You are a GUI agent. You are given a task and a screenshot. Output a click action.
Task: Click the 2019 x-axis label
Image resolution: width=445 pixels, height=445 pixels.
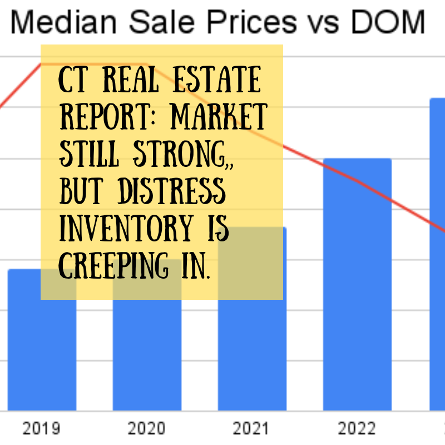click(42, 429)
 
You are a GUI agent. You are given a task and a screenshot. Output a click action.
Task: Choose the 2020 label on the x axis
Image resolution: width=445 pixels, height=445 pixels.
click(147, 429)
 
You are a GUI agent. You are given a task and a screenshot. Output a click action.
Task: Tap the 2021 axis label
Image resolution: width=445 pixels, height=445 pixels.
click(252, 429)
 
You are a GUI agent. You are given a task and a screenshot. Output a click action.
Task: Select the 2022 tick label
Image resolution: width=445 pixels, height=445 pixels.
click(357, 429)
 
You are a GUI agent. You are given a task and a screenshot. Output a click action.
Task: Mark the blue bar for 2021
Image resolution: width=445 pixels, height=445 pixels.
click(252, 356)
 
